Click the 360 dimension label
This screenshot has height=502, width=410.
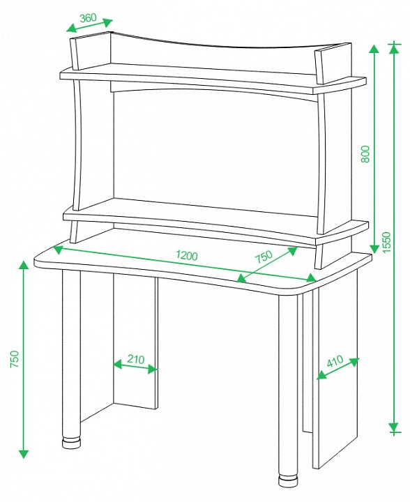[x=88, y=17]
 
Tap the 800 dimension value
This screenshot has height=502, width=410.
[x=365, y=154]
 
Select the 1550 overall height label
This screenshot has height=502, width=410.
[x=386, y=242]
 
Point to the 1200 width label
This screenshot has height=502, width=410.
[x=187, y=255]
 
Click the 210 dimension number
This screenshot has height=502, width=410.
[x=136, y=359]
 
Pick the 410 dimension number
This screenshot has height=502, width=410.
[x=335, y=361]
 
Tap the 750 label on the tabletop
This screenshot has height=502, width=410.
[x=264, y=256]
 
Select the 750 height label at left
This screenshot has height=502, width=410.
[x=15, y=359]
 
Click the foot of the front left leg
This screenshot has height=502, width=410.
[x=72, y=443]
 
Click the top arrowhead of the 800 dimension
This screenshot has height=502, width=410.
[x=374, y=49]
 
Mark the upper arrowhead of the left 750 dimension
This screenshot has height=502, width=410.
[x=24, y=266]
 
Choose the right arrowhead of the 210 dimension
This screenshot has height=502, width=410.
[x=153, y=370]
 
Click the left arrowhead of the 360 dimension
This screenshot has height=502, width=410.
[x=72, y=29]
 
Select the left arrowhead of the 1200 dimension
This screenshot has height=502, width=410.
[x=57, y=250]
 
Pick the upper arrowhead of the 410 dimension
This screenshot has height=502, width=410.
[x=354, y=362]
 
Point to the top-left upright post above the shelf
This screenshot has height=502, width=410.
[x=74, y=54]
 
